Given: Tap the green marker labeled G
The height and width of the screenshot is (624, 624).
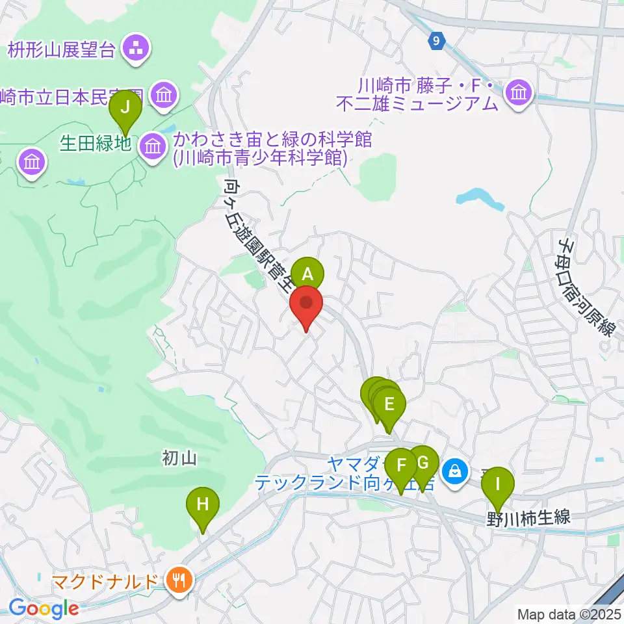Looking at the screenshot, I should (423, 463).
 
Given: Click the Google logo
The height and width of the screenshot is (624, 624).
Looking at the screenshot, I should (43, 608).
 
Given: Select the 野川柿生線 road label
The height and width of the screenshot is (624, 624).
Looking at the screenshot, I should (528, 519).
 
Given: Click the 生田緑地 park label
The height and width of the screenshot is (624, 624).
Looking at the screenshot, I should (96, 143).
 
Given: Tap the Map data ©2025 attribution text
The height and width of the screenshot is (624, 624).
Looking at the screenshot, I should (568, 613).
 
